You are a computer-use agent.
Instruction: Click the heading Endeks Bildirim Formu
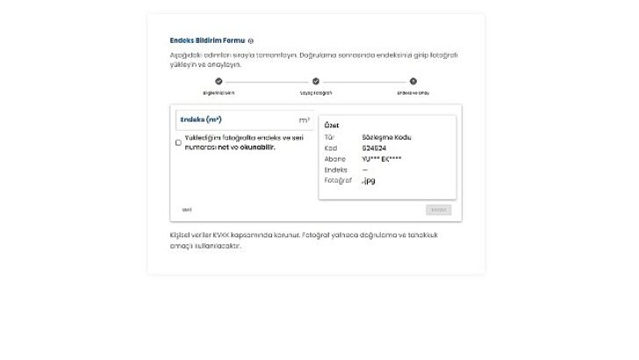207,40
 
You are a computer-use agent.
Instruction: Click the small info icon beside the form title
251,41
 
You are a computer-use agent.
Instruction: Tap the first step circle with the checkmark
219,82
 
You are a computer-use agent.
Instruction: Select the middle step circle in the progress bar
316,82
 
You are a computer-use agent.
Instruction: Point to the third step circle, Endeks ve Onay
413,82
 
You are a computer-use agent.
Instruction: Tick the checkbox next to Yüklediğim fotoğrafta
179,142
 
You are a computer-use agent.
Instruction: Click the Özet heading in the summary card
332,126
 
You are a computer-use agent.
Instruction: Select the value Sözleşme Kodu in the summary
386,137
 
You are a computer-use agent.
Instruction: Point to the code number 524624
373,148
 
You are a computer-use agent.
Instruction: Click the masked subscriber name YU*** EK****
381,159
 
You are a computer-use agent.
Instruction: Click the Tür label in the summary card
329,137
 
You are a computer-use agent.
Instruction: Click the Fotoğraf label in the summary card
337,180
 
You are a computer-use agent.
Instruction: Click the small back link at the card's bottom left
187,210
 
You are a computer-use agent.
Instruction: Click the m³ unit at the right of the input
304,119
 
